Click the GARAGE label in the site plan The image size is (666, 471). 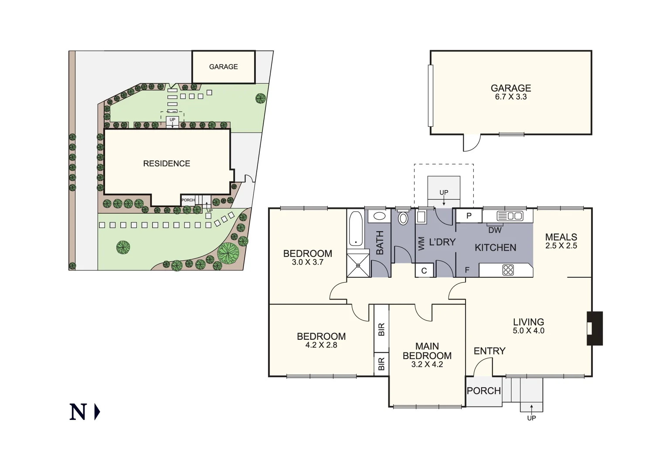point(223,67)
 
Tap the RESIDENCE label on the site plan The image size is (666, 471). point(166,164)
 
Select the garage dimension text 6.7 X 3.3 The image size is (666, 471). point(511,97)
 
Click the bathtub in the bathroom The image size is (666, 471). point(356,229)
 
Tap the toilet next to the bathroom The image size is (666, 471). point(403,218)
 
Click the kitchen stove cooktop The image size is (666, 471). point(508,270)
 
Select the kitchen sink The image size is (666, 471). point(510,216)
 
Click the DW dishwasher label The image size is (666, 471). point(495,230)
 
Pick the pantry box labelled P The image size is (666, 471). point(469,216)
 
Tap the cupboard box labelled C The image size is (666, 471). point(424,271)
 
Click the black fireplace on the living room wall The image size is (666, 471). point(595,328)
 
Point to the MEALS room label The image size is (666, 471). point(561,237)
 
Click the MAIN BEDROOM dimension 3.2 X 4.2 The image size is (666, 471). point(427,365)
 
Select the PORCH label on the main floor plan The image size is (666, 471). point(484,391)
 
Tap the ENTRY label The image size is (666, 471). point(489,351)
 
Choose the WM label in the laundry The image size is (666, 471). point(421,244)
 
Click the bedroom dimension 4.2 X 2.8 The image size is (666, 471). point(321,345)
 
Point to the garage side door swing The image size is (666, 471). point(471,143)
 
